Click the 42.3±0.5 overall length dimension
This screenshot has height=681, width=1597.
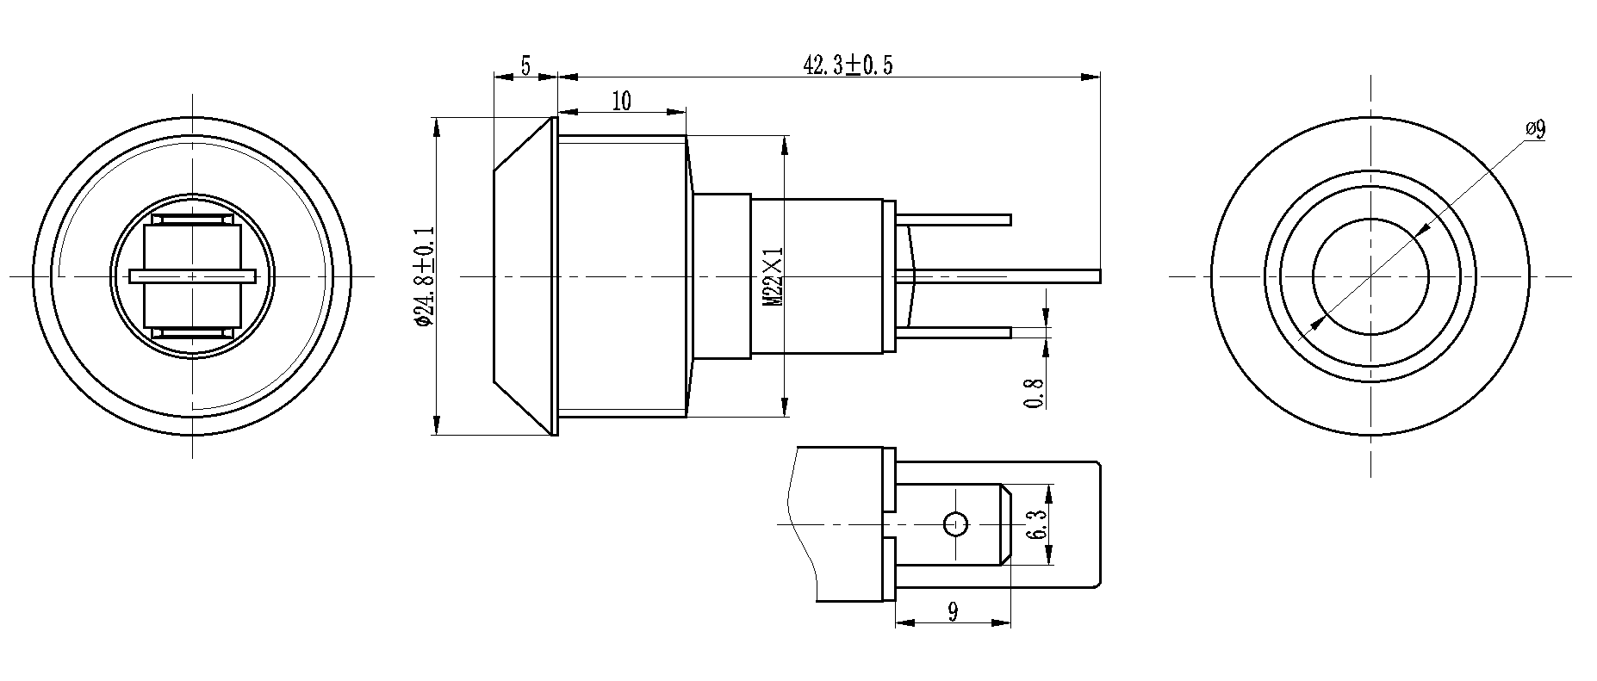[848, 65]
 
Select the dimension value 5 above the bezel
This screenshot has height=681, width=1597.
[525, 65]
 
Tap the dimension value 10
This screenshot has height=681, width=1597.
[621, 101]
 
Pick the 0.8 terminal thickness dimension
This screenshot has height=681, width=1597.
[1036, 393]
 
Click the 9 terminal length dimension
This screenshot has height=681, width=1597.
[953, 612]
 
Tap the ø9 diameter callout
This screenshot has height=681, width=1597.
[1534, 129]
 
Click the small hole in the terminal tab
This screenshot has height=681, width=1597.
[955, 523]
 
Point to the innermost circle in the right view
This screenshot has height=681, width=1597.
[1370, 276]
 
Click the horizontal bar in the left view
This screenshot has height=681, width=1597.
[192, 276]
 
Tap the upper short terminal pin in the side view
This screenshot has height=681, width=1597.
[956, 220]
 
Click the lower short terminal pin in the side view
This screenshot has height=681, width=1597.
[956, 332]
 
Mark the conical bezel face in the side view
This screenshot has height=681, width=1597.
[522, 275]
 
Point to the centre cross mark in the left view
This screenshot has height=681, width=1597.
[192, 276]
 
